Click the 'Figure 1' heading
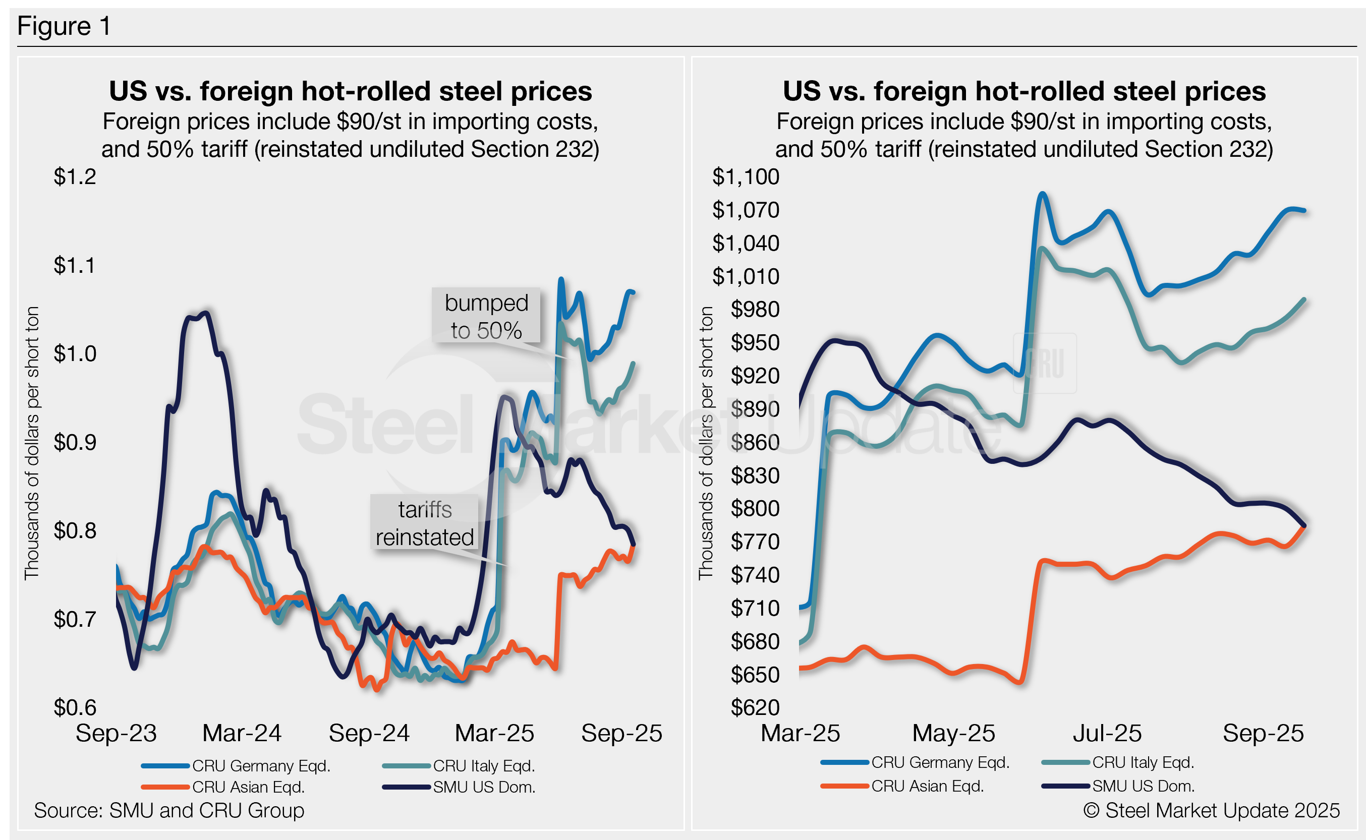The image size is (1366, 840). pyautogui.click(x=64, y=26)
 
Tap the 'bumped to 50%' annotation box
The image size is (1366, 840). pyautogui.click(x=486, y=316)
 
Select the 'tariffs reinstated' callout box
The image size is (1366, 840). pyautogui.click(x=425, y=523)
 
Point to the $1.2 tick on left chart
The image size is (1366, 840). pyautogui.click(x=75, y=176)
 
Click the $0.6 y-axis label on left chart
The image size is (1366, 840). pyautogui.click(x=75, y=707)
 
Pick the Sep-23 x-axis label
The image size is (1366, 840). pyautogui.click(x=116, y=733)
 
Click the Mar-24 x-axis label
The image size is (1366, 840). pyautogui.click(x=242, y=733)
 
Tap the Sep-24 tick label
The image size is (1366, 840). pyautogui.click(x=369, y=733)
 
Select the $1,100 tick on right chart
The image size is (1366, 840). pyautogui.click(x=746, y=176)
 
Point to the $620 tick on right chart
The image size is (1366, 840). pyautogui.click(x=755, y=707)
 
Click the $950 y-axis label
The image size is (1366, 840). pyautogui.click(x=755, y=342)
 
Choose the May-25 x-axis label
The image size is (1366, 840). pyautogui.click(x=954, y=733)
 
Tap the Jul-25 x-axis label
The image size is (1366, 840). pyautogui.click(x=1107, y=733)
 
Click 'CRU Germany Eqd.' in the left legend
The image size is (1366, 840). pyautogui.click(x=261, y=766)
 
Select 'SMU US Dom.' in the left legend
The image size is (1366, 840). pyautogui.click(x=484, y=787)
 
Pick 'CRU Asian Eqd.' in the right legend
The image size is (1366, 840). pyautogui.click(x=928, y=786)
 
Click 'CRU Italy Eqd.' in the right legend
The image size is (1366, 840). pyautogui.click(x=1143, y=763)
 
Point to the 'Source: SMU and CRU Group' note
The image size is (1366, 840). pyautogui.click(x=169, y=811)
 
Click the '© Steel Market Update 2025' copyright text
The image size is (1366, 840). pyautogui.click(x=1212, y=811)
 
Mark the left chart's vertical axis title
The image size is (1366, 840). pyautogui.click(x=32, y=443)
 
